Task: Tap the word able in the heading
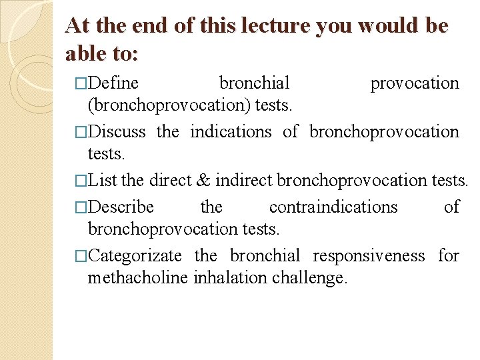click(x=87, y=53)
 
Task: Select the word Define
click(x=113, y=83)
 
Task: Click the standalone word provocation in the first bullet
click(x=414, y=83)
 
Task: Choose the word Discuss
click(x=117, y=132)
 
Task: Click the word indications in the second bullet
click(x=231, y=132)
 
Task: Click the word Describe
click(x=121, y=207)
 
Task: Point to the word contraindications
click(x=333, y=207)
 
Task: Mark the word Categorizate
click(x=135, y=256)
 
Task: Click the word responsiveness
click(x=368, y=256)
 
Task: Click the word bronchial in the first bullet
click(x=254, y=83)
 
